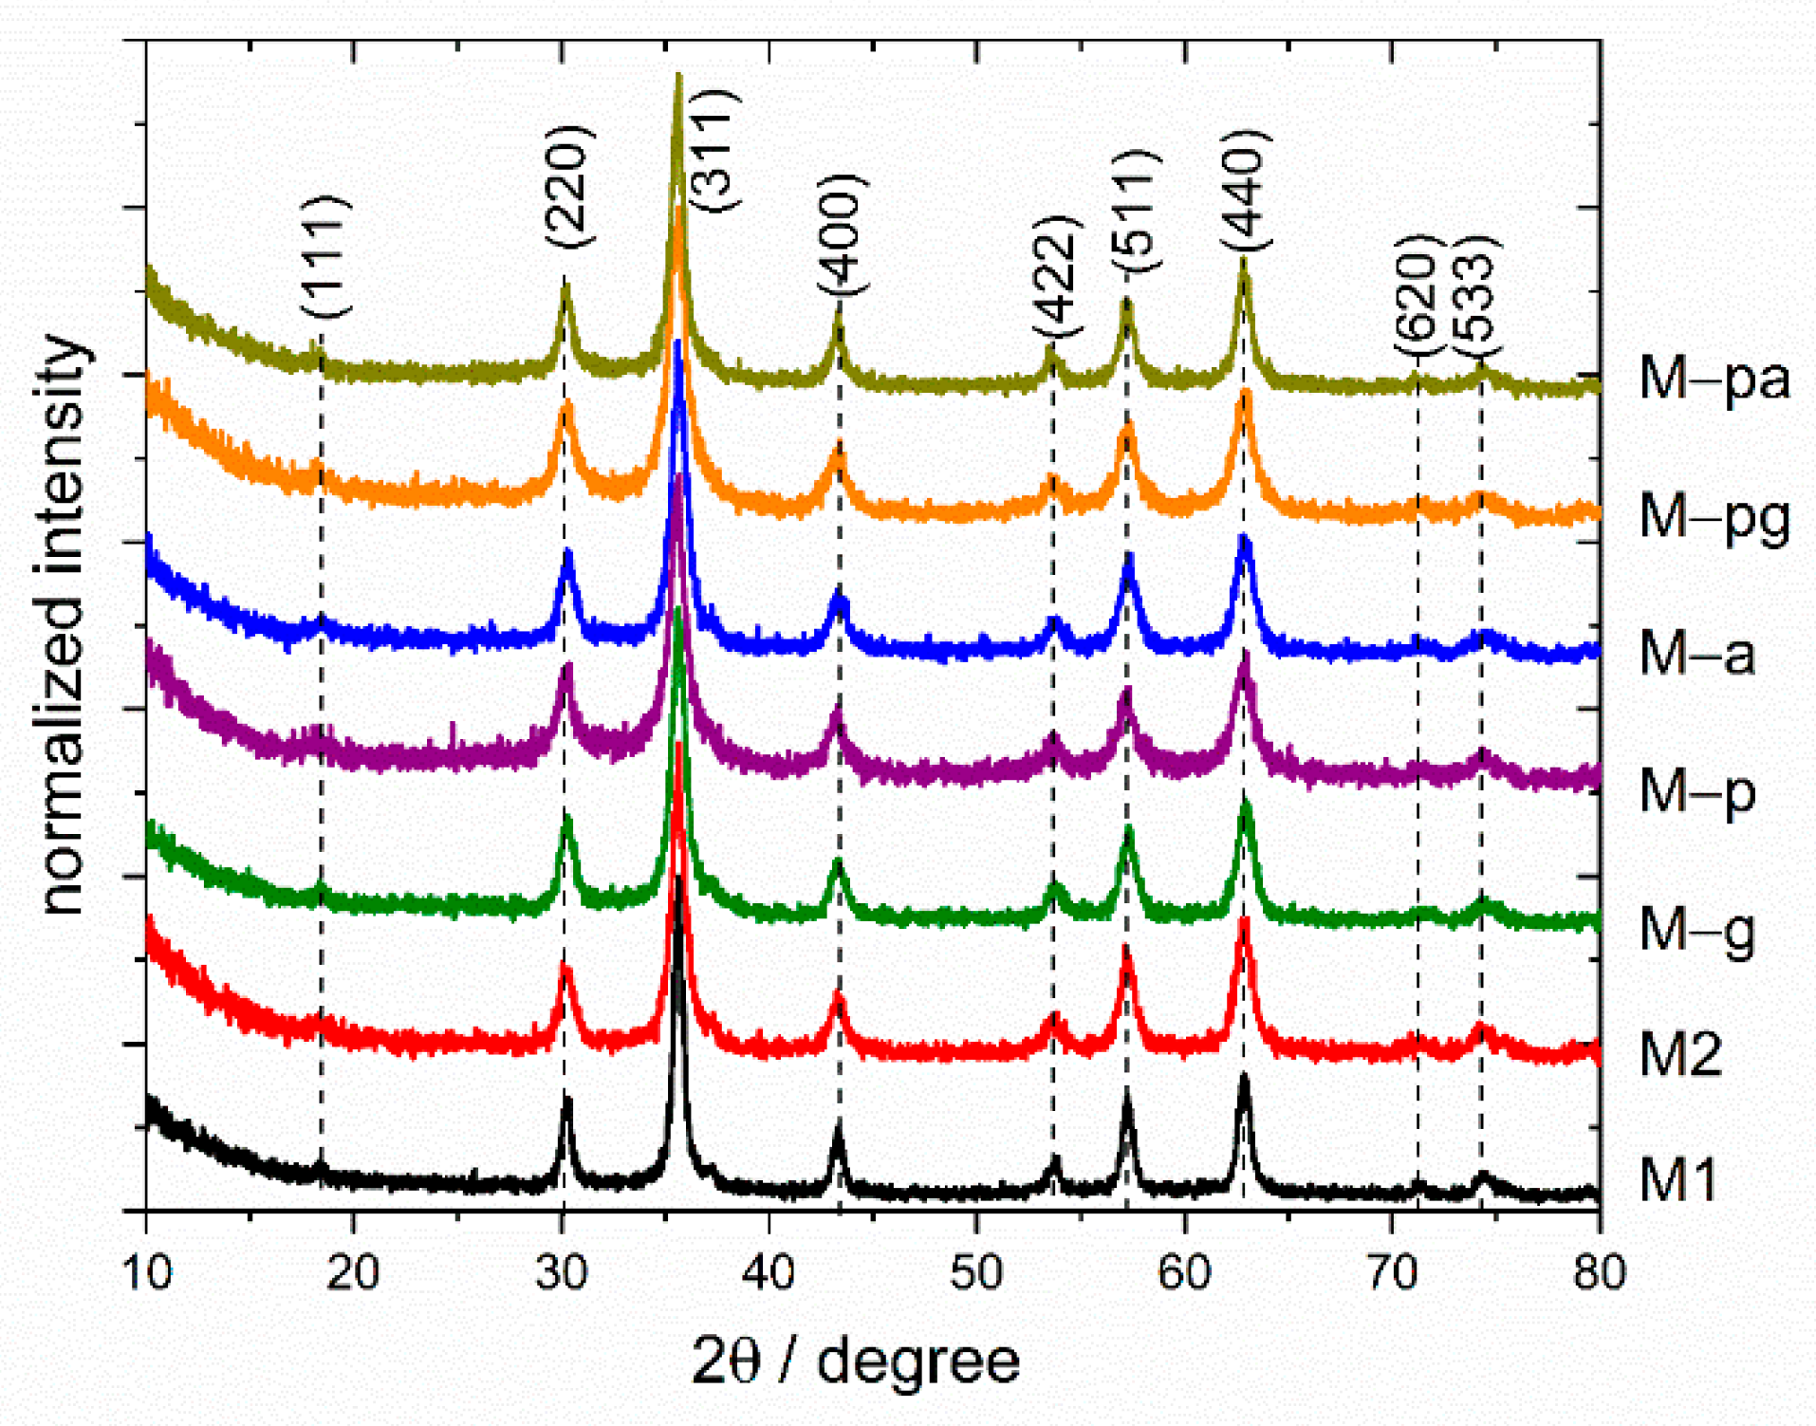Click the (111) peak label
325,256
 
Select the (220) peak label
569,187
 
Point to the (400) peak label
842,234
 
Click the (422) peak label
1057,276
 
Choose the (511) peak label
1135,211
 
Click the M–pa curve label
1714,378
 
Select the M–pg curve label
1714,517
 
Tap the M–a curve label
1696,654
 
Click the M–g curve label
1696,930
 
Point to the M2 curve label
1680,1053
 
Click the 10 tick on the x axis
148,1272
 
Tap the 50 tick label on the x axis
976,1272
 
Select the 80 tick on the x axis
1600,1272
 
